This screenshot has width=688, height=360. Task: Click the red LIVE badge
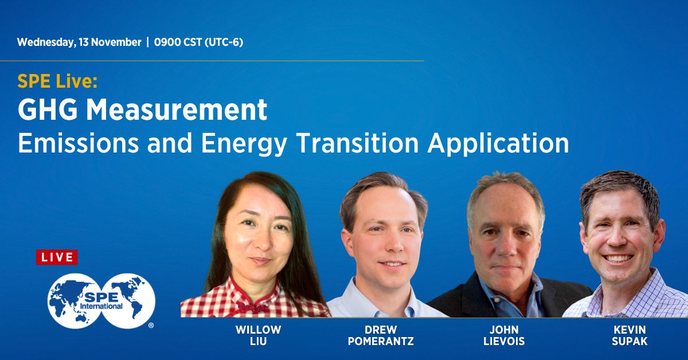[56, 257]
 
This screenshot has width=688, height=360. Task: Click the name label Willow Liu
[258, 335]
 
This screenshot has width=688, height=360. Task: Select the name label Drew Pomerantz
[380, 335]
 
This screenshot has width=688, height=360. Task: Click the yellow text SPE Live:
[57, 82]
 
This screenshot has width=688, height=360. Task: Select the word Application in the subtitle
[498, 143]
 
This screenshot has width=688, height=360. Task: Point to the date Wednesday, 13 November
[79, 42]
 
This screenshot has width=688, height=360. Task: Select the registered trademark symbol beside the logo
[151, 325]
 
